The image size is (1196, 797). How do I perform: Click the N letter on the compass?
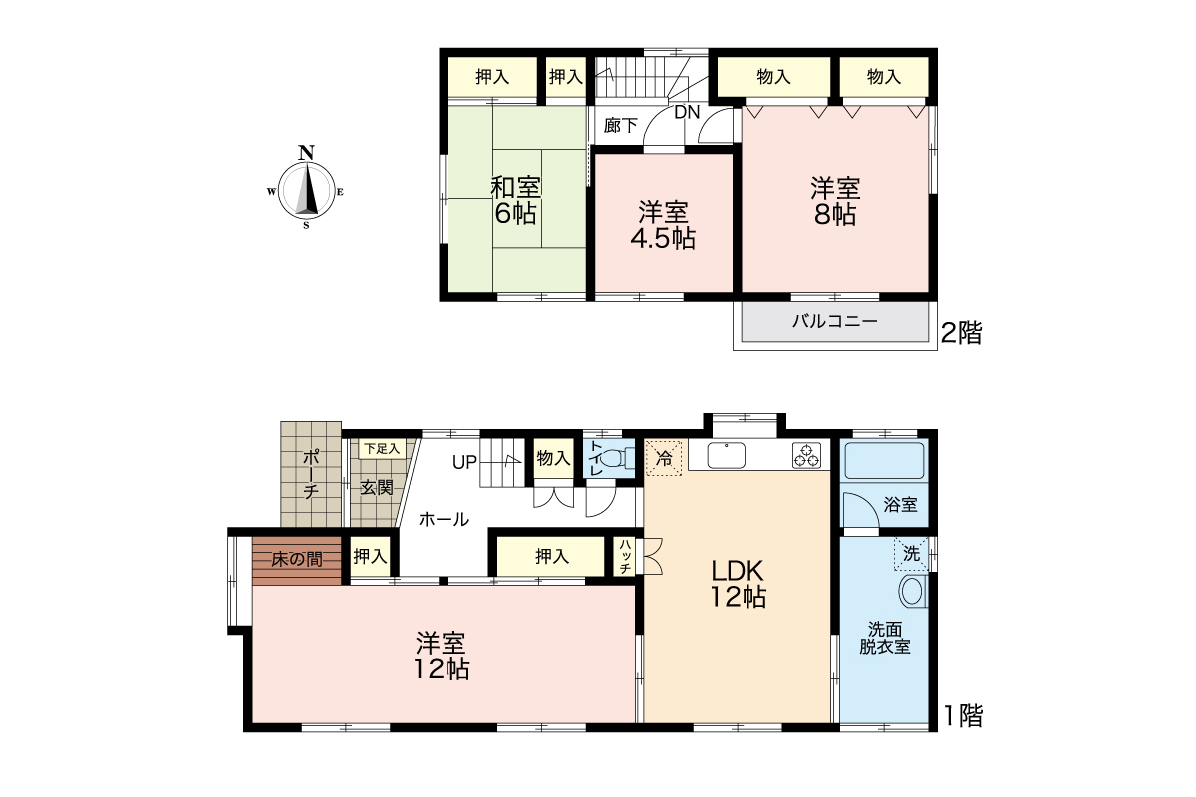tap(306, 153)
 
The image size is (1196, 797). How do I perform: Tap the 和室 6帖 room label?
tap(516, 200)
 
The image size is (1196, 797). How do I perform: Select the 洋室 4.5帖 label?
tap(663, 226)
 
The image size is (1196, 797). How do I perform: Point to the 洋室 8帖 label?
tap(835, 201)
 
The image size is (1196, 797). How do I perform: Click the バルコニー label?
tap(835, 321)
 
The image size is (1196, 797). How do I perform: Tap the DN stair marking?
tap(687, 113)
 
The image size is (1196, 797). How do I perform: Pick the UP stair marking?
tap(464, 462)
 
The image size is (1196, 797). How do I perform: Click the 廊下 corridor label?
tap(620, 126)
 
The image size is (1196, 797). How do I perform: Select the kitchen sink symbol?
tap(727, 456)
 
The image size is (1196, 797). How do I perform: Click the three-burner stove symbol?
tap(806, 456)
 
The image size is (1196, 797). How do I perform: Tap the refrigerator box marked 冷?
tap(664, 458)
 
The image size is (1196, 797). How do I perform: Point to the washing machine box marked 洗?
tap(911, 554)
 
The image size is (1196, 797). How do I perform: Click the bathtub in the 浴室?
tap(884, 460)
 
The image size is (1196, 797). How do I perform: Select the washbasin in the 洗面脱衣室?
tap(914, 592)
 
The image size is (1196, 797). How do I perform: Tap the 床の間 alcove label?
tap(297, 559)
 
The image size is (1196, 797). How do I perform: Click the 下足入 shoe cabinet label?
tap(383, 449)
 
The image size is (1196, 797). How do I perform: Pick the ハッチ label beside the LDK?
tap(625, 557)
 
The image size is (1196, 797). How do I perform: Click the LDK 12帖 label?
tap(738, 584)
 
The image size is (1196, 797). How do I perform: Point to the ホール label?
tap(444, 519)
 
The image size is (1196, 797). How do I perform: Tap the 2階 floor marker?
tap(961, 333)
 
